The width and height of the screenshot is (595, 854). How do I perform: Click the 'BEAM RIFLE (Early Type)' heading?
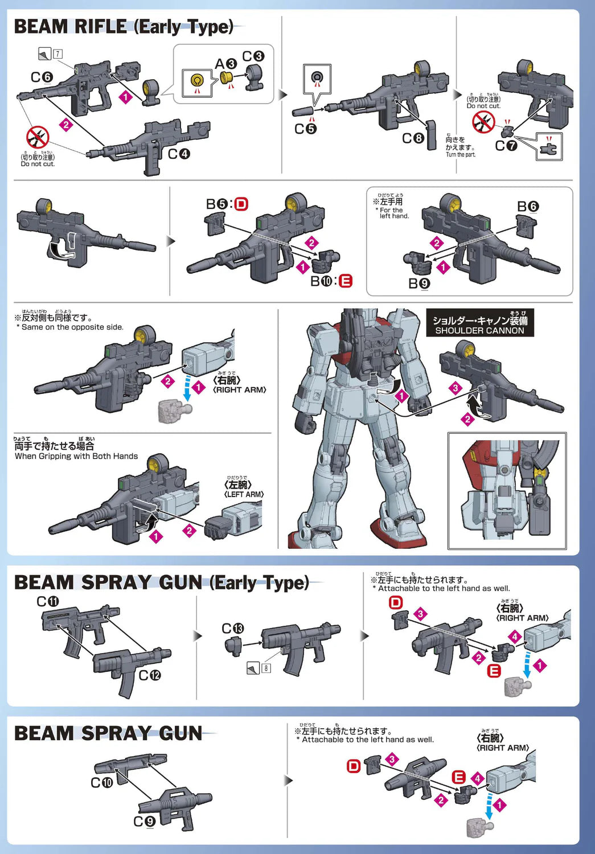[x=124, y=27]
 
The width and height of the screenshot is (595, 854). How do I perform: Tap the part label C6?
[x=42, y=77]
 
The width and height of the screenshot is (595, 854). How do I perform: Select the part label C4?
[x=179, y=154]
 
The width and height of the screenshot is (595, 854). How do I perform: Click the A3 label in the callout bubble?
[x=225, y=64]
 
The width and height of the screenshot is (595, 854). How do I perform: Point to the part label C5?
[x=305, y=129]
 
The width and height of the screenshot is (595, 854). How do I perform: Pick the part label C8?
[x=413, y=138]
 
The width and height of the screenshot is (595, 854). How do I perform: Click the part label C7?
[x=506, y=146]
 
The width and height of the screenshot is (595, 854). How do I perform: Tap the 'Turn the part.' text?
[x=460, y=154]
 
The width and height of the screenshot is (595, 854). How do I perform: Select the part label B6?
[x=527, y=206]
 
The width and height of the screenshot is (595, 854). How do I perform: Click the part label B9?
[x=419, y=284]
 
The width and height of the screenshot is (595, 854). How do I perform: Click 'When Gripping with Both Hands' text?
[x=76, y=456]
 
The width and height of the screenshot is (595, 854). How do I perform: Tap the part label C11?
[x=48, y=602]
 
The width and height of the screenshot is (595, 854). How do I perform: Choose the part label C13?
[x=232, y=629]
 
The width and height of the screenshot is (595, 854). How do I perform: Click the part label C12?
[x=150, y=675]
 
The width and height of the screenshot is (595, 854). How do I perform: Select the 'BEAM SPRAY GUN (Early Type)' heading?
[x=162, y=582]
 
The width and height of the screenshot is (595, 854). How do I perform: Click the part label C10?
[x=102, y=783]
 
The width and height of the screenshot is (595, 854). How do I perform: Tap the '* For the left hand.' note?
[x=392, y=212]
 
